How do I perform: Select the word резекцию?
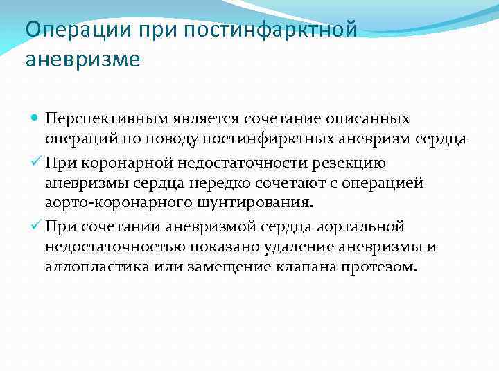pos(353,162)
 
